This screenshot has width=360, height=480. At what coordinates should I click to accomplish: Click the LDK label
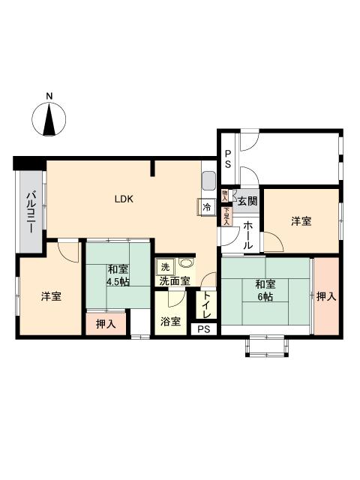coord(124,199)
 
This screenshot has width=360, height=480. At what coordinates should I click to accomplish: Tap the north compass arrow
coord(49,120)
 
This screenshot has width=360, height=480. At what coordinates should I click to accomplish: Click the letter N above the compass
coord(49,96)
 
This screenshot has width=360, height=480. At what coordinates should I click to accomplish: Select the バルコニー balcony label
coord(31,212)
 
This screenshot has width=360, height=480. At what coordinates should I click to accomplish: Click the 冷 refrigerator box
coord(206,208)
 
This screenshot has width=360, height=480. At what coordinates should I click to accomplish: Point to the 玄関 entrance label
coord(247,200)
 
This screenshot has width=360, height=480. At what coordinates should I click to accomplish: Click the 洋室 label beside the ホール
coord(301,221)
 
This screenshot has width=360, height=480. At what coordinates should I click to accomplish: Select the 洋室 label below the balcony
coord(51,296)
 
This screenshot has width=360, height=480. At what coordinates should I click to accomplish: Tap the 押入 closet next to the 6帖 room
coord(325,297)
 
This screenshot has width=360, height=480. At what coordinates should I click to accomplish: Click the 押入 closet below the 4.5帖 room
coord(106,324)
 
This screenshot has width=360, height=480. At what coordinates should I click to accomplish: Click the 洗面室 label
coord(174,281)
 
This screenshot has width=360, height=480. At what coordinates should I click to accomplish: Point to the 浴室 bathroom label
coord(170,322)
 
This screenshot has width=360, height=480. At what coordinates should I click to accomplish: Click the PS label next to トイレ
coord(203,329)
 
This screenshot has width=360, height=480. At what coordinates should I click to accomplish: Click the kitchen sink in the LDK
coord(208,181)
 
